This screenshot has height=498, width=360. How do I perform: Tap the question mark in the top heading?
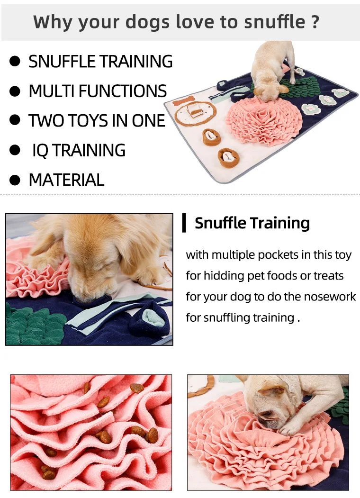pos(314,22)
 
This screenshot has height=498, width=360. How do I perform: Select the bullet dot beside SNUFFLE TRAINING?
pos(15,61)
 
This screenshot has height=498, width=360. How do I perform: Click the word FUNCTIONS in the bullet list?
pos(122,91)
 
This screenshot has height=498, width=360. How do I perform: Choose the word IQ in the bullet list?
pos(40,151)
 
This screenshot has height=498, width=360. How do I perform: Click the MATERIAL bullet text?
pos(66,180)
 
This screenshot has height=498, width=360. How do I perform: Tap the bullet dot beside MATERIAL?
pos(15,180)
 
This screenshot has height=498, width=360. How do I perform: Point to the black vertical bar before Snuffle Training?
pos(184,223)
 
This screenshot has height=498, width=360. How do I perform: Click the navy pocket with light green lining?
pos(149,320)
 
